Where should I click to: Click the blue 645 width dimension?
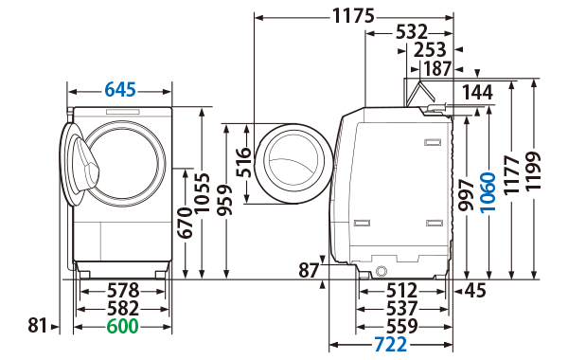pos(120,90)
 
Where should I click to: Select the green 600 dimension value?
pos(121,326)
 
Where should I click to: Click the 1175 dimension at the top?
pos(353,16)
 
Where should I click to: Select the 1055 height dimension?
pos(200,193)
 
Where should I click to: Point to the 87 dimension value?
pos(309,270)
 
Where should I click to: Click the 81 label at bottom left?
pos(37,326)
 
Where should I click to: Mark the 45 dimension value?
pos(476,291)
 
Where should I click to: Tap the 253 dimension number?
pos(430,50)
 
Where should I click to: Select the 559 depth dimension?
pos(402,326)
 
